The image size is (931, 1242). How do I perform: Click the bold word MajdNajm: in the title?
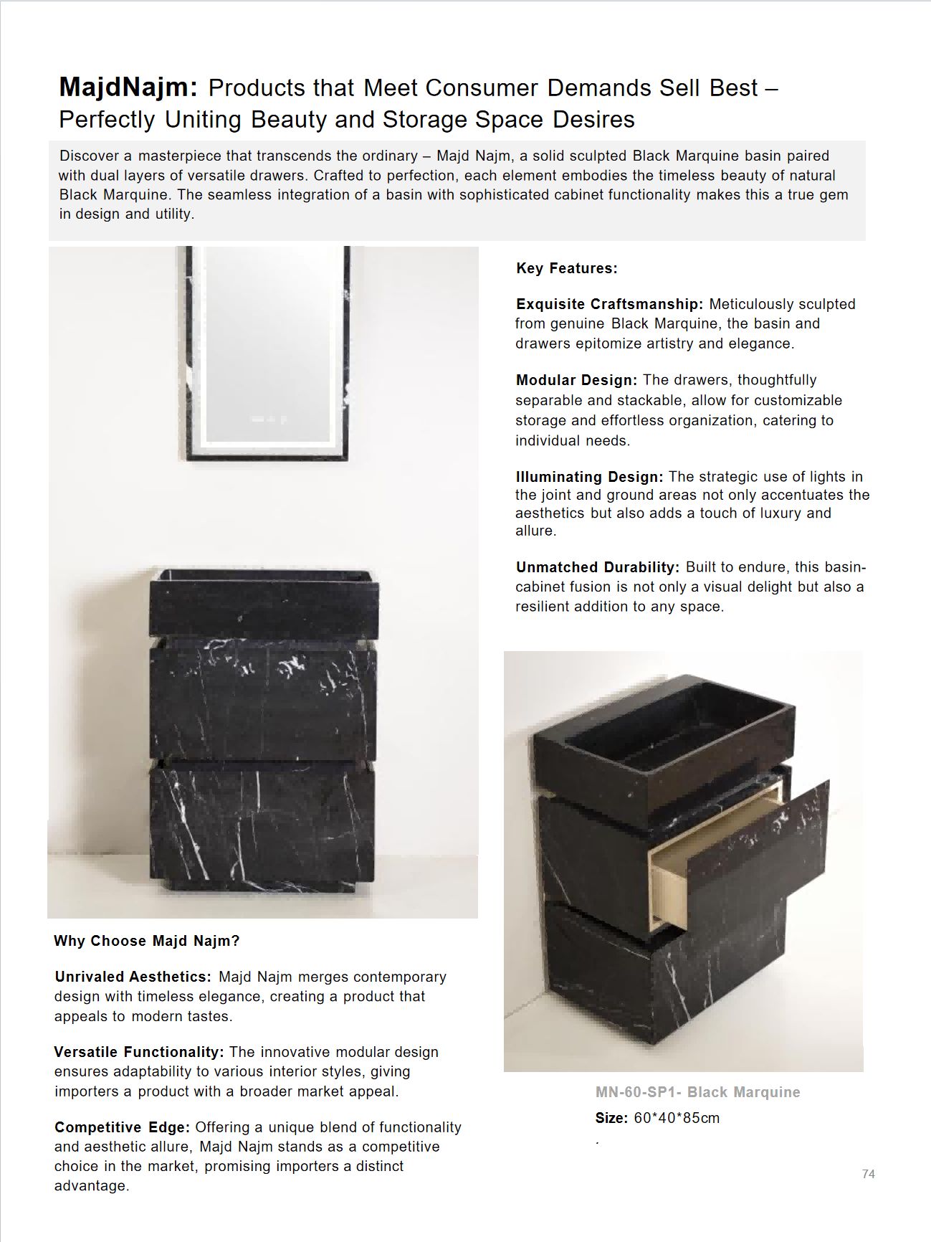(x=128, y=87)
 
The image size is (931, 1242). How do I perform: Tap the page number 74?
(x=868, y=1174)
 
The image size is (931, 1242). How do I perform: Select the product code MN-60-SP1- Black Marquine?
(x=697, y=1092)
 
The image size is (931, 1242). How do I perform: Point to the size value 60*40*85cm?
(x=677, y=1118)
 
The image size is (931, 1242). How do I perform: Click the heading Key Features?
(x=566, y=268)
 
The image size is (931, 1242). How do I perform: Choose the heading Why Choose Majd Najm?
(x=146, y=941)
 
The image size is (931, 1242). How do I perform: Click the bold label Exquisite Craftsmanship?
(x=609, y=304)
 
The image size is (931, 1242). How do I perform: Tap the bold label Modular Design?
(x=576, y=380)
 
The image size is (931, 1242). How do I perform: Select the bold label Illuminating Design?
(x=589, y=477)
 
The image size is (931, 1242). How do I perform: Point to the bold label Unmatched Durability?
(x=598, y=567)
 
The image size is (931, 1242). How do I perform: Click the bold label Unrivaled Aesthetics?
(x=133, y=977)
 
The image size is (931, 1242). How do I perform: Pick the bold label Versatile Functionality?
(x=139, y=1052)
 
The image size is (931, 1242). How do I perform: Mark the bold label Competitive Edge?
(x=122, y=1127)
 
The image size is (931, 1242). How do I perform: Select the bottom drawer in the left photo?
(x=262, y=825)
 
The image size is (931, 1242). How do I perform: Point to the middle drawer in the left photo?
(x=262, y=703)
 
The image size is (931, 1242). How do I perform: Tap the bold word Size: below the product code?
(x=611, y=1118)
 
